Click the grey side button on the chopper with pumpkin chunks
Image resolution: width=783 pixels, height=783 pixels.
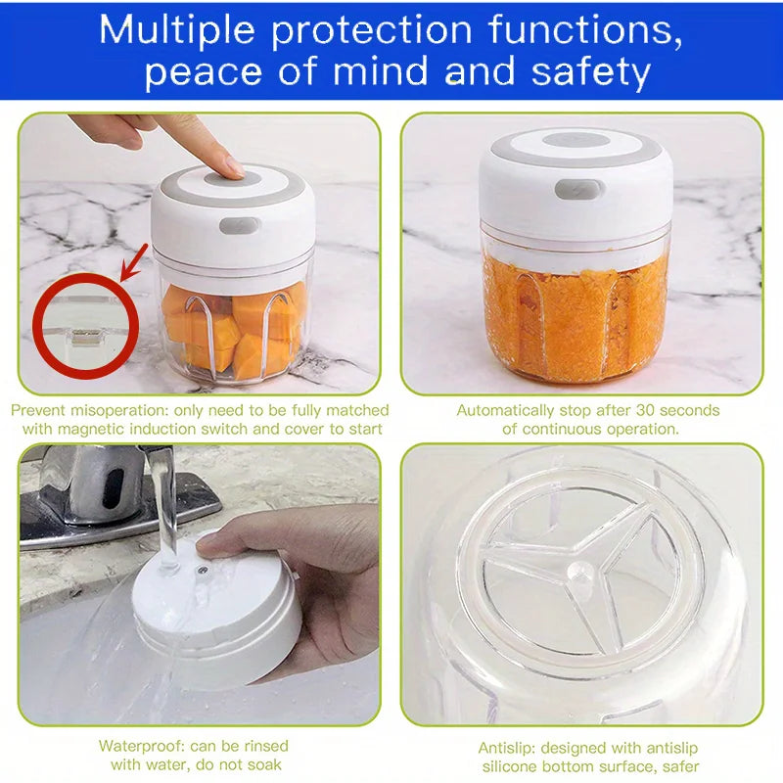tap(239, 225)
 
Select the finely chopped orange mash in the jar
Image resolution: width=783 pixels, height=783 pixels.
tap(577, 313)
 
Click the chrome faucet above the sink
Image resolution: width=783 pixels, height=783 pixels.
tap(108, 489)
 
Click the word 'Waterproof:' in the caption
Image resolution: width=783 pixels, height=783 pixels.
tap(141, 746)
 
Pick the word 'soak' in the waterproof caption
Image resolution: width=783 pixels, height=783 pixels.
tap(265, 764)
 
